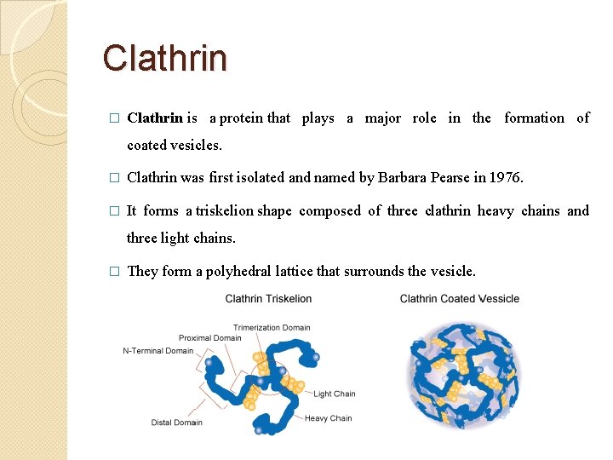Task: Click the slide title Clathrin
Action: (x=165, y=58)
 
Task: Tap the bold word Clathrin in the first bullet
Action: (x=155, y=118)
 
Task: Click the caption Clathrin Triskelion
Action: (x=268, y=299)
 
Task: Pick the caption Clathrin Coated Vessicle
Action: (x=459, y=299)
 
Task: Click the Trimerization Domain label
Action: (x=272, y=327)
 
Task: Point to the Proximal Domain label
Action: (x=209, y=338)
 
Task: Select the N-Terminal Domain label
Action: (x=158, y=350)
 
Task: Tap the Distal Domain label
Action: (x=176, y=423)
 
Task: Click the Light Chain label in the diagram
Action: (x=334, y=394)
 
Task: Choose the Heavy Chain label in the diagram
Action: (x=328, y=418)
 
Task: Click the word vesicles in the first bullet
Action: (x=198, y=145)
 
